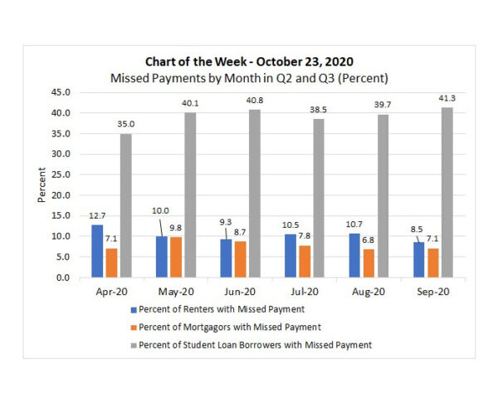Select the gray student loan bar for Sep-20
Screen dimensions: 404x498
pos(447,192)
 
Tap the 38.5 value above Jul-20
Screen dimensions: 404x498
pos(318,110)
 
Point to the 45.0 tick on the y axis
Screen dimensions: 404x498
pos(60,92)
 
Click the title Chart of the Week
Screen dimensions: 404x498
pos(250,62)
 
